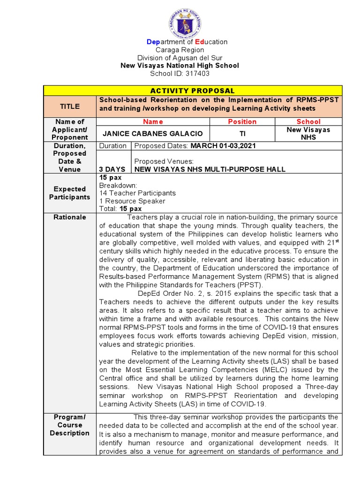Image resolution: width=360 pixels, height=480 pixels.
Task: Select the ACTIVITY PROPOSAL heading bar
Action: pyautogui.click(x=193, y=90)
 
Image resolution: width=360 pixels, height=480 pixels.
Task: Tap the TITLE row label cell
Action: pyautogui.click(x=69, y=106)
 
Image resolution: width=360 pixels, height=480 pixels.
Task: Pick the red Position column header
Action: pyautogui.click(x=242, y=121)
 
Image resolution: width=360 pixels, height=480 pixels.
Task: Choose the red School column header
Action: pyautogui.click(x=308, y=121)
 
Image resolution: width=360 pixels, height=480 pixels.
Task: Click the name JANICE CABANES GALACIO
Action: pyautogui.click(x=153, y=134)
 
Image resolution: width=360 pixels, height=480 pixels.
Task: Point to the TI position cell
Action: pyautogui.click(x=242, y=134)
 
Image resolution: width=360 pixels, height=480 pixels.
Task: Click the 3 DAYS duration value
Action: pyautogui.click(x=112, y=169)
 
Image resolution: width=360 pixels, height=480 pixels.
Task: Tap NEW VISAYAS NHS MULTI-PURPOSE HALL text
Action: pyautogui.click(x=210, y=169)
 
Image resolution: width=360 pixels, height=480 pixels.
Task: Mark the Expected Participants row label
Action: pyautogui.click(x=69, y=193)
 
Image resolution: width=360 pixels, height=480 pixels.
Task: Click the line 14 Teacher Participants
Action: pyautogui.click(x=137, y=193)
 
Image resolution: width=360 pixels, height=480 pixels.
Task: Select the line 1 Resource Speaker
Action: pyautogui.click(x=132, y=201)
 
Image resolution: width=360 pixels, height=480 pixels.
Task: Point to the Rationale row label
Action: pyautogui.click(x=69, y=217)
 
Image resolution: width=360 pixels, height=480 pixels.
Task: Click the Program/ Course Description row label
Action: pyautogui.click(x=69, y=425)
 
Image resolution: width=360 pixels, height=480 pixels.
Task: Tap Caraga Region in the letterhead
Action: pyautogui.click(x=180, y=50)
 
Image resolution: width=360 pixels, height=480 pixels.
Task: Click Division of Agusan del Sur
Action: pyautogui.click(x=180, y=58)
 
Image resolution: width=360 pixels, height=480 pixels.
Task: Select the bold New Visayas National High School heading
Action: pyautogui.click(x=180, y=66)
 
